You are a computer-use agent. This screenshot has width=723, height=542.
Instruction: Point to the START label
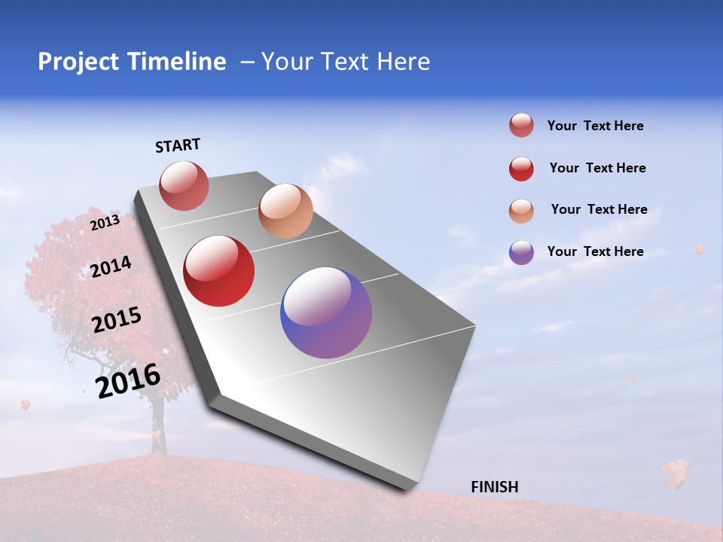tap(178, 145)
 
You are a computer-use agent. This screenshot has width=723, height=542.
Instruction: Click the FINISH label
tap(495, 487)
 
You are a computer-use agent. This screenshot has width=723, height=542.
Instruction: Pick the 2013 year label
tap(105, 222)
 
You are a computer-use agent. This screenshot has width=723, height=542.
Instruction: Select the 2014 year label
tap(111, 266)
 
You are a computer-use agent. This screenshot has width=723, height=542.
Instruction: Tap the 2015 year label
tap(116, 320)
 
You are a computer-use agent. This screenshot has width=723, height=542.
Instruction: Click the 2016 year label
tap(128, 381)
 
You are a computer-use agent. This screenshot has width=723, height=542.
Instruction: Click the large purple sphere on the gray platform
tap(326, 312)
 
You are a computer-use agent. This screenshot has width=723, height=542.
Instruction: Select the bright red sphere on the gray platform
tap(219, 271)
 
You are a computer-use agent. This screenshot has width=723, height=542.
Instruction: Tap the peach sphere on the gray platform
tap(285, 211)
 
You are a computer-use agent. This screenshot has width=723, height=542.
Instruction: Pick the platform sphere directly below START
tap(184, 185)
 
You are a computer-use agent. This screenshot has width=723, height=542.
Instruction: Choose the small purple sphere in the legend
tap(521, 252)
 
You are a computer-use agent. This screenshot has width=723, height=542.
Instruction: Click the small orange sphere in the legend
tap(521, 211)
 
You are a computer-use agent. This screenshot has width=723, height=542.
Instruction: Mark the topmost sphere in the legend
tap(521, 125)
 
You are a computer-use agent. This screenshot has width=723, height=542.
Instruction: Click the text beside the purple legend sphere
tap(595, 251)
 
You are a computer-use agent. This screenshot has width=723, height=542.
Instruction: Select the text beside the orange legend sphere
tap(599, 209)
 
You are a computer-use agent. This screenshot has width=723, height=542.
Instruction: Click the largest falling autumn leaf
tap(676, 473)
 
